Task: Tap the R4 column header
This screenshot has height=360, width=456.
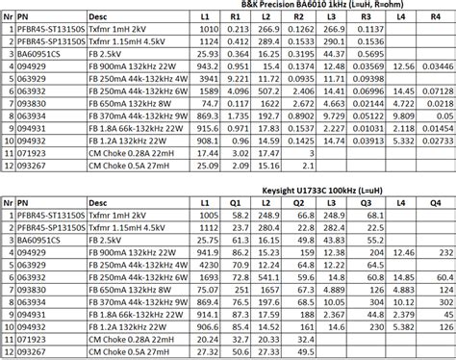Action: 433,18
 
